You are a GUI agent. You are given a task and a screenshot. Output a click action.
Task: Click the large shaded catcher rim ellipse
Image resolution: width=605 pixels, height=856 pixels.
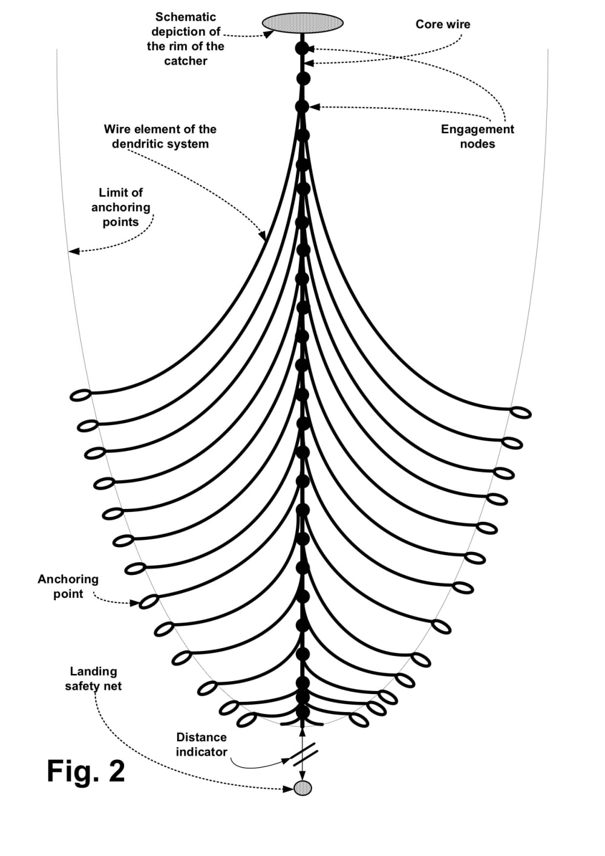click(302, 23)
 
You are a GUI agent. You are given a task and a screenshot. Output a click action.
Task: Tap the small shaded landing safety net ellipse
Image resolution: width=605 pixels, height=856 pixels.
click(302, 788)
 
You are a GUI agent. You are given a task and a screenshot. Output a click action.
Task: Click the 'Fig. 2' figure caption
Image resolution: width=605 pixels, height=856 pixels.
click(86, 771)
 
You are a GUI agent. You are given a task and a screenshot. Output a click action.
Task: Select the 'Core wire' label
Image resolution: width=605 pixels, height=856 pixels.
click(443, 24)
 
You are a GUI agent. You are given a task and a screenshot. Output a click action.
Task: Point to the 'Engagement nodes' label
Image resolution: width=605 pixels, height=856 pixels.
click(477, 137)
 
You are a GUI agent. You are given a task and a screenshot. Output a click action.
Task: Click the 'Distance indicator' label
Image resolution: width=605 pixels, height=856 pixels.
click(201, 745)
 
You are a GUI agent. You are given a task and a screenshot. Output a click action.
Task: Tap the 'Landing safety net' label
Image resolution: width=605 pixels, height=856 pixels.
click(93, 679)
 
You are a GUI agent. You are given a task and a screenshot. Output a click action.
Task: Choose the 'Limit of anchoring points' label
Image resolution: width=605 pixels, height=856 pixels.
click(120, 207)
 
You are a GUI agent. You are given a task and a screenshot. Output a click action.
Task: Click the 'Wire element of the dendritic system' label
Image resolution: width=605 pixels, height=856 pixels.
click(160, 137)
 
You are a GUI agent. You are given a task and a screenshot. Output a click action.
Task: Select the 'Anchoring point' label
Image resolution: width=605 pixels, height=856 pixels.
click(68, 586)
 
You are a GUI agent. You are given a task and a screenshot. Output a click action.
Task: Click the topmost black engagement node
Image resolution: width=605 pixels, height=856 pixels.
click(302, 48)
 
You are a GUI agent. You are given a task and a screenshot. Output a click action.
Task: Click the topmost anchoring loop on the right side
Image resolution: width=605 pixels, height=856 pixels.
click(521, 413)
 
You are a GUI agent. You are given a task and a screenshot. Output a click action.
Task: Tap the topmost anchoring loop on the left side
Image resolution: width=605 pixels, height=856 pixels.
click(80, 395)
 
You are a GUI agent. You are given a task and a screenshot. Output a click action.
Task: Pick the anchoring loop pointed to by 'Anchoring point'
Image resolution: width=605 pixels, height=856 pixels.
click(149, 601)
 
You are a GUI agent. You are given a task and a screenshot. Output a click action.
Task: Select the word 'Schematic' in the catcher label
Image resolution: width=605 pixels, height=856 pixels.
click(185, 17)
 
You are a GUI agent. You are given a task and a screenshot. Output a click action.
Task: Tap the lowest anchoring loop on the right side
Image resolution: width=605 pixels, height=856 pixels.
click(359, 719)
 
